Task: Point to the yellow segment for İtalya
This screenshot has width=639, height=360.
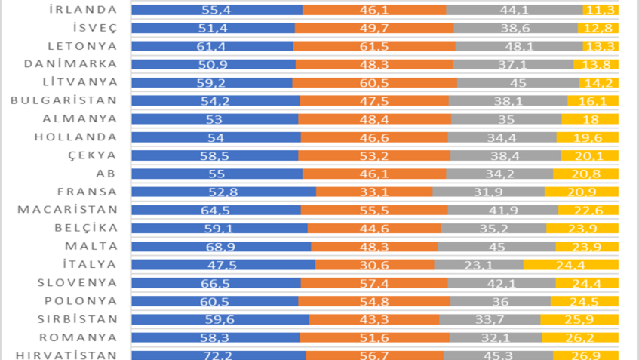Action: tap(571, 264)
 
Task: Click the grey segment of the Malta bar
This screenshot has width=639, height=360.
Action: tap(496, 246)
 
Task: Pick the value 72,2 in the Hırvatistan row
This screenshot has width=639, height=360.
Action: tap(219, 355)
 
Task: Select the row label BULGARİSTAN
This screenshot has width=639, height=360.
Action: tap(64, 100)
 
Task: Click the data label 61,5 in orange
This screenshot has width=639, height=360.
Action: tap(374, 46)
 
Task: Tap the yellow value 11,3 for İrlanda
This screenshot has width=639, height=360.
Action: tap(601, 10)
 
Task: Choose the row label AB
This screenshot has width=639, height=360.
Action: tap(109, 173)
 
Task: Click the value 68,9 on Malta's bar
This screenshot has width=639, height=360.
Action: tap(220, 246)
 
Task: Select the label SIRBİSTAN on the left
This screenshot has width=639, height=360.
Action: tap(76, 318)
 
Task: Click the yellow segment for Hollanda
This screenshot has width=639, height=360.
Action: tap(588, 137)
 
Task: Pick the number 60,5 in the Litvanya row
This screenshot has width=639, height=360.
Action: tap(374, 82)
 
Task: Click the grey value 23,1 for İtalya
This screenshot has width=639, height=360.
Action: tap(478, 264)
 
